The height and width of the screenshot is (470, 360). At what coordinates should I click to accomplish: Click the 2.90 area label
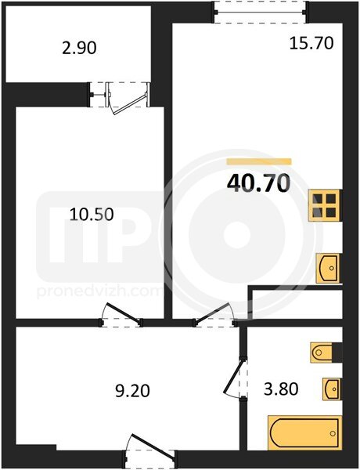click(x=79, y=48)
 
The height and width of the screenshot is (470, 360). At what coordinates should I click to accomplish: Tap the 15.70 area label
click(x=311, y=43)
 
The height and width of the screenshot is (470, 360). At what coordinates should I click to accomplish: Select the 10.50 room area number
click(x=92, y=215)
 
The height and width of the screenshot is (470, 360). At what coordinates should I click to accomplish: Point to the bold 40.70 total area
click(x=259, y=183)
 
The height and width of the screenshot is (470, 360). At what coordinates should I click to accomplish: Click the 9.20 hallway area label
click(x=132, y=391)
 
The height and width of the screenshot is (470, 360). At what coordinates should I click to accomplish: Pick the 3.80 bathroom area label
click(x=281, y=389)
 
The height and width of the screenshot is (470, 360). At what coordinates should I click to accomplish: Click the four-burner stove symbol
click(x=325, y=205)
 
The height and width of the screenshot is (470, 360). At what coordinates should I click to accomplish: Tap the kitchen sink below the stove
click(x=328, y=268)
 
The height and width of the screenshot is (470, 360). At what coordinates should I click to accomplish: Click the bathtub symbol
click(x=304, y=433)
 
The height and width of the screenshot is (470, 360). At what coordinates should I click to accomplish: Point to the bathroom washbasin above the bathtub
click(x=331, y=389)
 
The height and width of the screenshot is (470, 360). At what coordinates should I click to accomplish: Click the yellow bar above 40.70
click(x=259, y=161)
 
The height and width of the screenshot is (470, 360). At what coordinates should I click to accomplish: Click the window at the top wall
click(x=260, y=13)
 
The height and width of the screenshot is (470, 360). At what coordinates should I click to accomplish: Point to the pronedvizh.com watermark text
click(x=99, y=291)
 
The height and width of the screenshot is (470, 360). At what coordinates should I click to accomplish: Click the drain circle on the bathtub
click(x=333, y=433)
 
